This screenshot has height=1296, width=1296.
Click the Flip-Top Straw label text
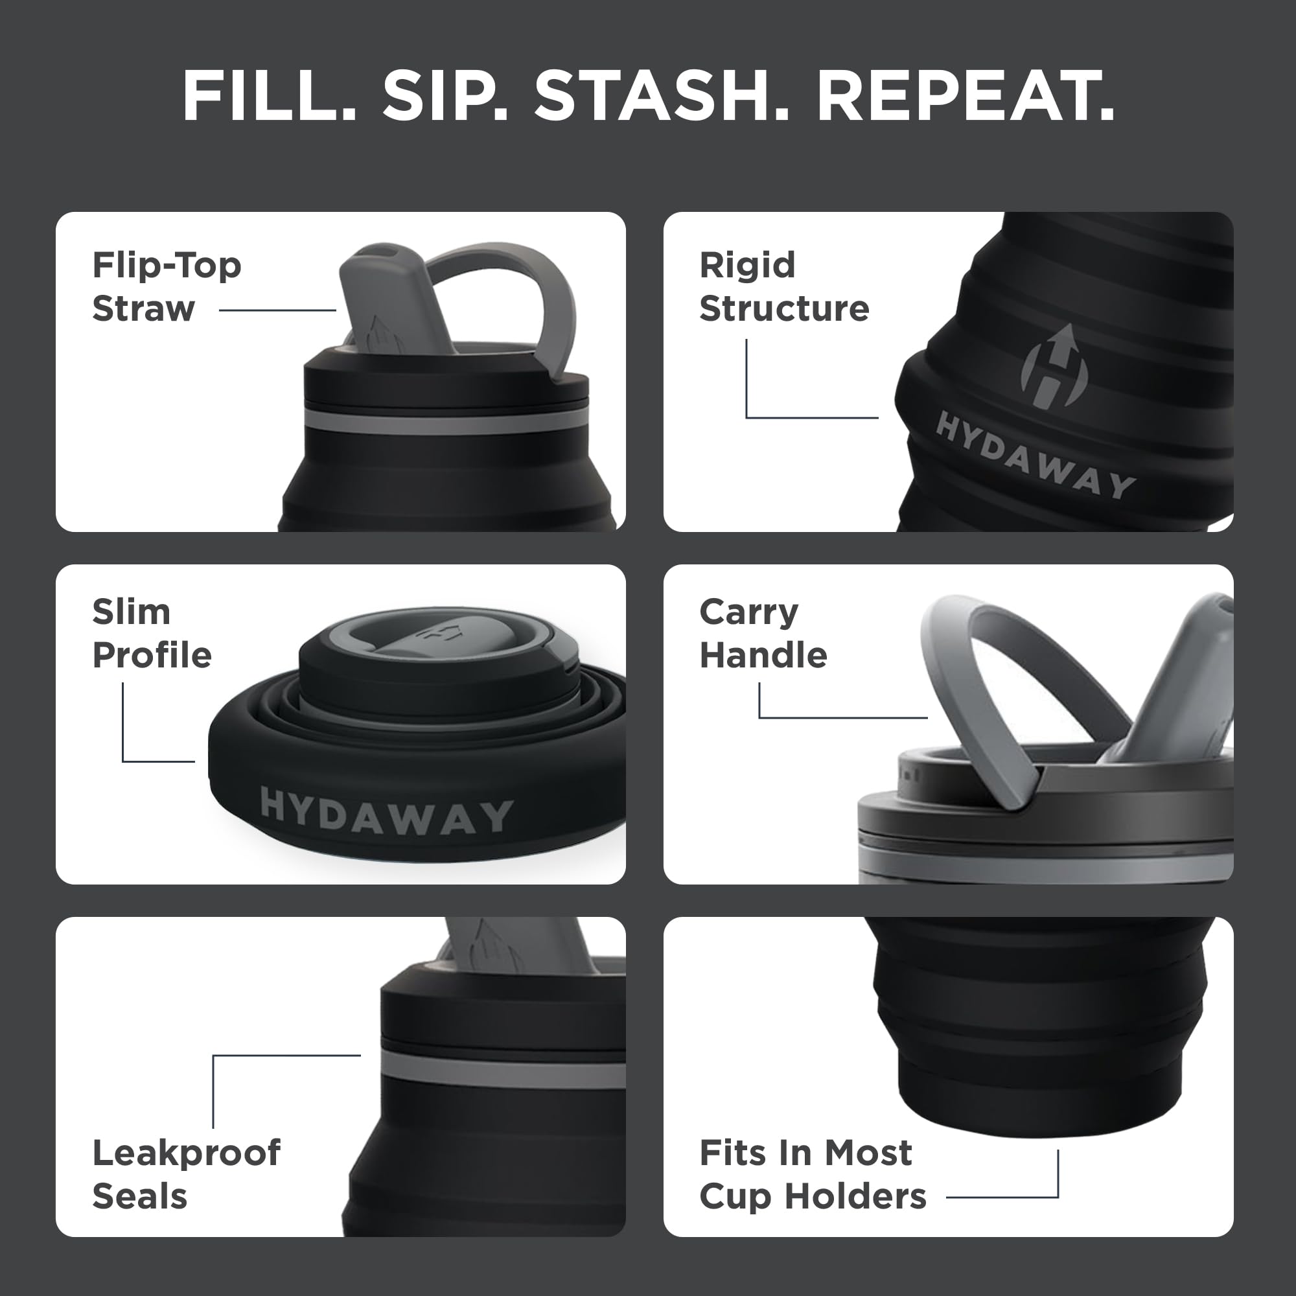167,286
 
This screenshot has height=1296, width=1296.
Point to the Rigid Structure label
783,286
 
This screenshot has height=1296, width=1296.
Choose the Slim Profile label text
152,633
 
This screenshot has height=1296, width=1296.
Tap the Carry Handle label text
763,633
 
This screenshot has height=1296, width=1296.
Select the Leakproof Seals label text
186,1175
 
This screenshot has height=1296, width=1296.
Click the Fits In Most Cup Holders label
812,1175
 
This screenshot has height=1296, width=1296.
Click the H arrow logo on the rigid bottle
1054,367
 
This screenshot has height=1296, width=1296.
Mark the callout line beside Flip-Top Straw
277,310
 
